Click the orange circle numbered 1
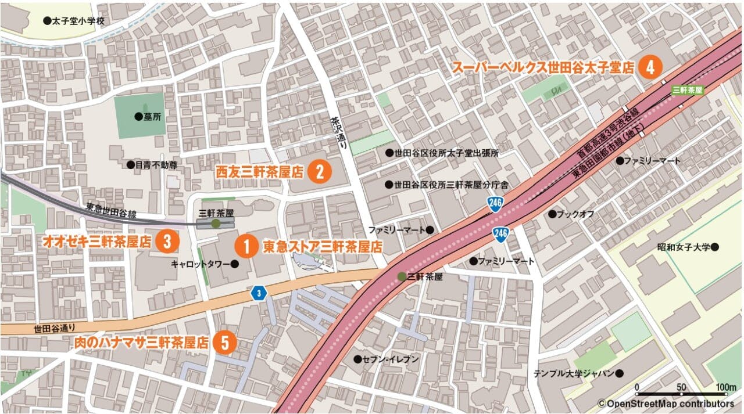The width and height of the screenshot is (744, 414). click(x=246, y=246)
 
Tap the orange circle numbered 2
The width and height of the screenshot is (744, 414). click(x=320, y=171)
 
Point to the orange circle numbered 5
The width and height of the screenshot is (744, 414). click(x=224, y=343)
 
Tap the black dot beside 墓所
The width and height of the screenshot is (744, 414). click(x=138, y=116)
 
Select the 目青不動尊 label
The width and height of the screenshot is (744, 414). click(x=156, y=165)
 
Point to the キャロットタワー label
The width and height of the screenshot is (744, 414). click(x=201, y=264)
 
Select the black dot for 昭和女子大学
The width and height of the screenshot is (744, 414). click(x=715, y=247)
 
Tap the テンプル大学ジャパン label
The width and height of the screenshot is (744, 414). click(x=574, y=373)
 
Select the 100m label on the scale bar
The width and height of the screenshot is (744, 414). click(x=726, y=387)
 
